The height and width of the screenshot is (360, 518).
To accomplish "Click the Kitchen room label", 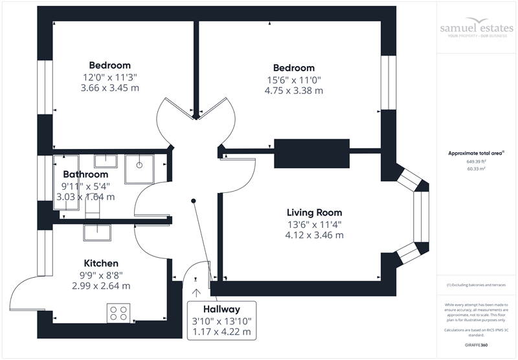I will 101,264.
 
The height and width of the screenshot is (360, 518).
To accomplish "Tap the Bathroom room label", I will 85,175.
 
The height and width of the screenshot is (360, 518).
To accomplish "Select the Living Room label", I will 315,212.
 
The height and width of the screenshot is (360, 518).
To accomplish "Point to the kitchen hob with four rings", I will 119,313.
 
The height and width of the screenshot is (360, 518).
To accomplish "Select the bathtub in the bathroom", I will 65,183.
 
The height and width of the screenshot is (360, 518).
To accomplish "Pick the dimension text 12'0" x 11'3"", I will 109,77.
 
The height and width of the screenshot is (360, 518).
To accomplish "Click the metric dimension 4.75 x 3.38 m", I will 293,91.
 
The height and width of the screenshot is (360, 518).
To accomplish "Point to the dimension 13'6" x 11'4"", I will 314,225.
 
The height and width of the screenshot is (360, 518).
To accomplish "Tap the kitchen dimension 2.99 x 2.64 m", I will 101,286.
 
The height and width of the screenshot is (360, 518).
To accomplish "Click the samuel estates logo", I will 476,30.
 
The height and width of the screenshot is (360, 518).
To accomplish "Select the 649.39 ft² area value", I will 476,161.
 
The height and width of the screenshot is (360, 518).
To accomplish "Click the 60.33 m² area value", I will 476,168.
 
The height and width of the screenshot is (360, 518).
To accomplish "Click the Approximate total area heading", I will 476,153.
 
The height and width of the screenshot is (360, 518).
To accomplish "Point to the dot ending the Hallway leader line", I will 194,201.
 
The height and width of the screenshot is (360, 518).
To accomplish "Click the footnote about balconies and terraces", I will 476,285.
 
